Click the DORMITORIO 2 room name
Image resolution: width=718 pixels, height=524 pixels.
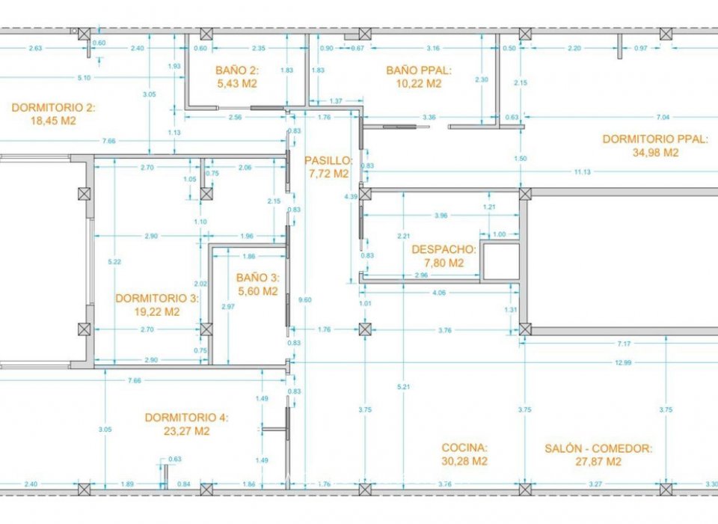[54, 108]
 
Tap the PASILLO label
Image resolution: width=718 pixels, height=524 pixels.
[328, 160]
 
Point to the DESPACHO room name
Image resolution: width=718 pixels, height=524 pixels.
[444, 249]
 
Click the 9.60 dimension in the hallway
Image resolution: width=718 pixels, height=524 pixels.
[303, 300]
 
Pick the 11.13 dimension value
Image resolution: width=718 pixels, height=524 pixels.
[583, 172]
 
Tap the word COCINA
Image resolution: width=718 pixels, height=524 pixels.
[464, 448]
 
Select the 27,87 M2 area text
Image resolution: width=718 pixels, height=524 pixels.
[593, 462]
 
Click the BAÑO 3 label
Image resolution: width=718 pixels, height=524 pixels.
[257, 277]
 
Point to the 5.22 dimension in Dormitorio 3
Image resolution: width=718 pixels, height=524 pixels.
[114, 262]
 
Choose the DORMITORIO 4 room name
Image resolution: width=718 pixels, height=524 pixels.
[187, 418]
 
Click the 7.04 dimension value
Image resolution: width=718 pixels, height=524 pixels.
[663, 118]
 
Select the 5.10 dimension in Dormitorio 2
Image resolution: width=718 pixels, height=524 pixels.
[85, 78]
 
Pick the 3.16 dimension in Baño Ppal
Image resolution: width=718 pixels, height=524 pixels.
[432, 49]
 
